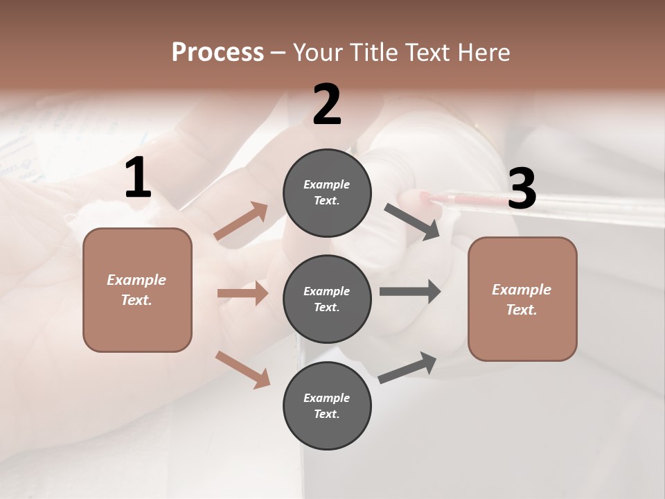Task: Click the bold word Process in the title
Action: (218, 52)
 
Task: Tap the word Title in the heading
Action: (373, 52)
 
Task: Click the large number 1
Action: (138, 178)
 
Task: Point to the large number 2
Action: (327, 105)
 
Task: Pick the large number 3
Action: (522, 189)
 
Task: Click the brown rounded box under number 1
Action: (137, 290)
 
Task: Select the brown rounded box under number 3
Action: (522, 299)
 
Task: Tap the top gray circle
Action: (327, 193)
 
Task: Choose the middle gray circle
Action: (327, 299)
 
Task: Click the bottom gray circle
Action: (327, 405)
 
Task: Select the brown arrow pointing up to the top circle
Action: (241, 221)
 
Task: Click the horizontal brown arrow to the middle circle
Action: (242, 293)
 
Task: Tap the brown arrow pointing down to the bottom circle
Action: (242, 369)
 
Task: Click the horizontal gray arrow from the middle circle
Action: (410, 291)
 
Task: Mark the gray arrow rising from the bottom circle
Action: (407, 367)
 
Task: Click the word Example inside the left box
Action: (136, 280)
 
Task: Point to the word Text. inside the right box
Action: (522, 310)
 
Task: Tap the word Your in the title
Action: (319, 52)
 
